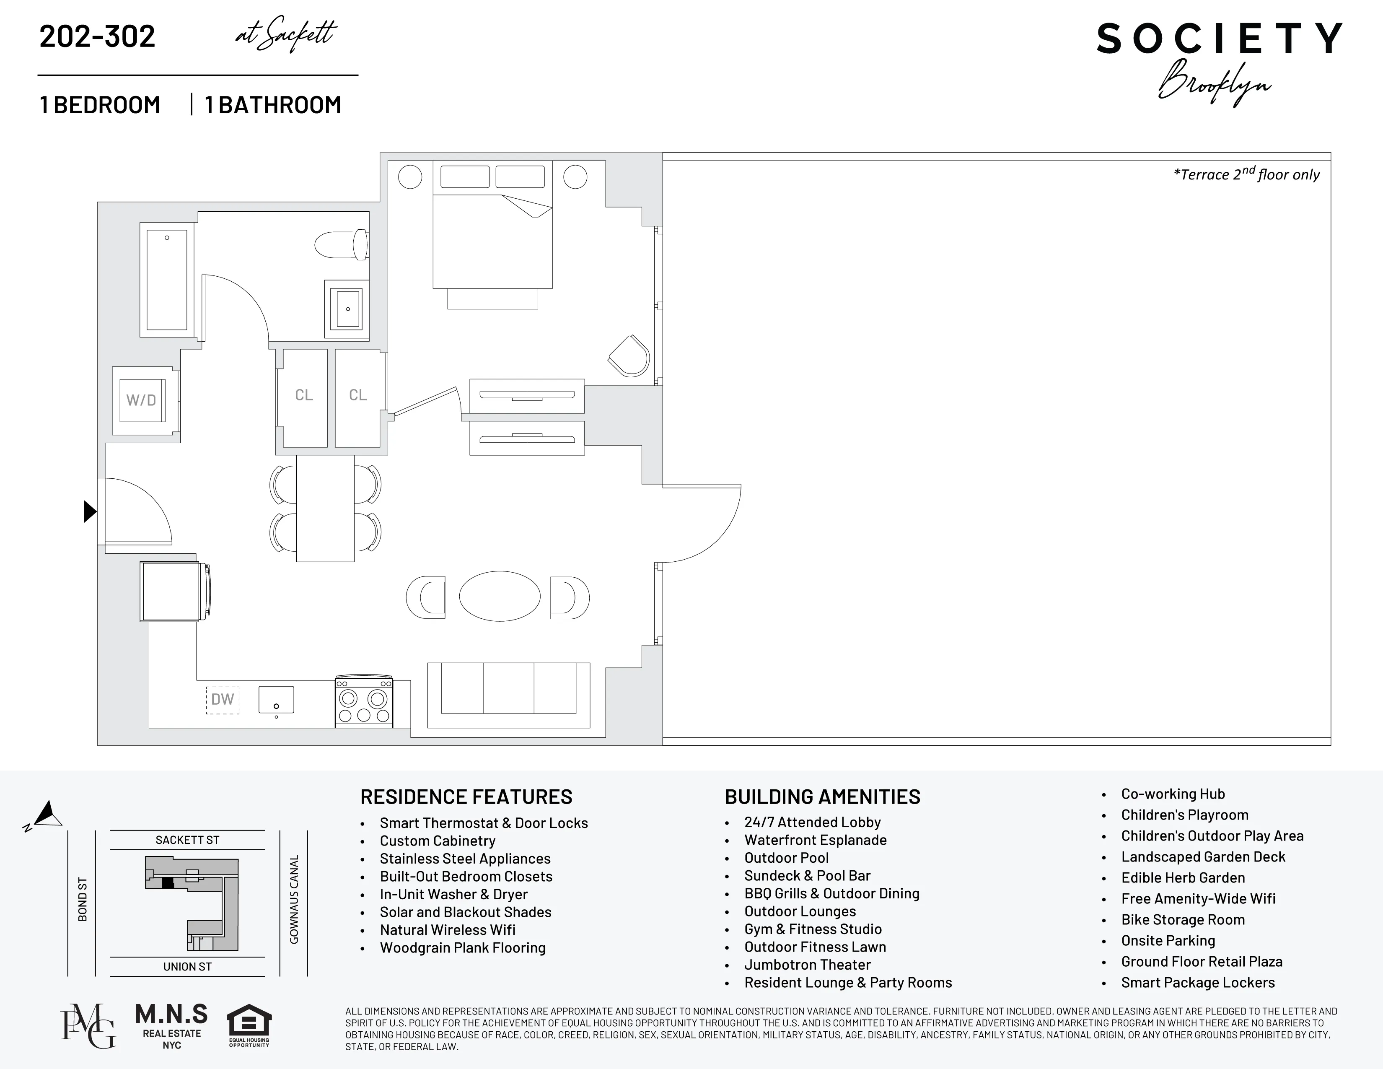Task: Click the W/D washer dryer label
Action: pos(141,400)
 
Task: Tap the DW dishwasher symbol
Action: pos(222,699)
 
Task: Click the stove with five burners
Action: pos(363,702)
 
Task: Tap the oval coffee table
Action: pos(500,597)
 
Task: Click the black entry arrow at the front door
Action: pos(90,511)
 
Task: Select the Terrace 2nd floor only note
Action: pos(1246,174)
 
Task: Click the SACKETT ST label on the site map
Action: pos(187,840)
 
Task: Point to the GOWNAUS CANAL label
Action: pos(294,899)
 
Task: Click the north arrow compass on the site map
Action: pos(46,815)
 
